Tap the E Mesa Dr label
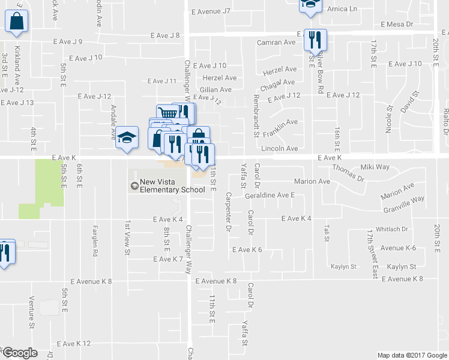click(397, 25)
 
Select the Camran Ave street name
click(276, 43)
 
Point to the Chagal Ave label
click(279, 83)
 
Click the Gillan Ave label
click(216, 89)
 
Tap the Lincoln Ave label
click(279, 148)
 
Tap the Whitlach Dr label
click(391, 229)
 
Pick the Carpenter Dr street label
click(228, 212)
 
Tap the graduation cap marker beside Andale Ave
click(127, 140)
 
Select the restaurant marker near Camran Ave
click(315, 40)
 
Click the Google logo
click(19, 352)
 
